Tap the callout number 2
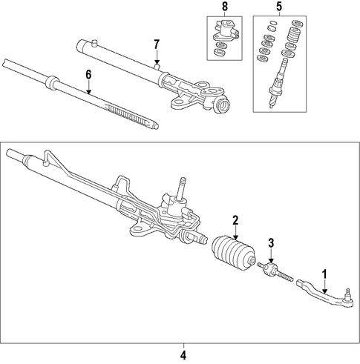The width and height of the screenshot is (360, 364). click(235, 220)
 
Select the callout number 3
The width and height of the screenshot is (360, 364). click(272, 243)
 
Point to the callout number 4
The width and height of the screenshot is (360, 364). click(183, 356)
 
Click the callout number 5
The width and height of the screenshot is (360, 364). click(279, 7)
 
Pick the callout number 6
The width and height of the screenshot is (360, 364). click(88, 75)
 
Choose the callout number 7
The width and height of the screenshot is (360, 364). click(157, 44)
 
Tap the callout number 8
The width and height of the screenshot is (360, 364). click(225, 7)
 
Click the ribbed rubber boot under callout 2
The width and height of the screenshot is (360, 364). click(233, 254)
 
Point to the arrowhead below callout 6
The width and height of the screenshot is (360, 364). click(88, 92)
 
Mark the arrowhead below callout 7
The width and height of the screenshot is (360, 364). click(157, 62)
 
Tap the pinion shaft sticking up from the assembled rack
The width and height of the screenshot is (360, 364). click(183, 188)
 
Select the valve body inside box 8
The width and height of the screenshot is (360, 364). click(225, 32)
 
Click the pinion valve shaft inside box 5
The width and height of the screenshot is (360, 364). click(278, 83)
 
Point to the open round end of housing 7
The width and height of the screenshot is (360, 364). click(223, 105)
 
